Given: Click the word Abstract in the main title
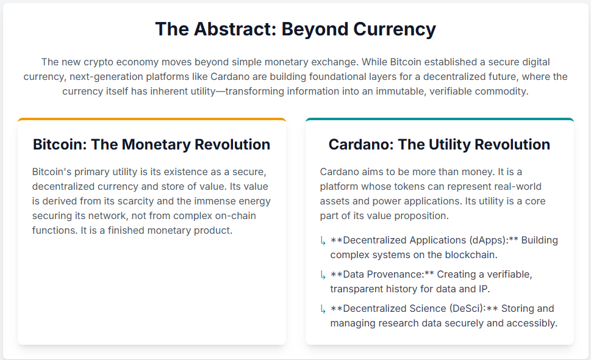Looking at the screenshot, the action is (235, 29).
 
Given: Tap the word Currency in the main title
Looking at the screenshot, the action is (395, 30).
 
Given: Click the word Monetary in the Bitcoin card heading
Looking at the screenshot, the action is (156, 145).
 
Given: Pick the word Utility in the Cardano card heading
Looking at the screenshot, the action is (448, 145).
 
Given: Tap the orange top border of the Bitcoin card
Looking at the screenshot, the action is (152, 119).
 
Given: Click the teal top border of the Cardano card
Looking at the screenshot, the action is (440, 119).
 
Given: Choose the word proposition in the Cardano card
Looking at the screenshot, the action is (424, 216).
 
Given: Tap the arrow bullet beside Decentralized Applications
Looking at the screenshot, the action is (323, 241).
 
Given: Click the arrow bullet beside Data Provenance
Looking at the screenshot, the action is (323, 275).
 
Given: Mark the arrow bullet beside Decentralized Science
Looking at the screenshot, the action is (323, 309).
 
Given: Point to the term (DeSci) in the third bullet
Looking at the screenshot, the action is (467, 309).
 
